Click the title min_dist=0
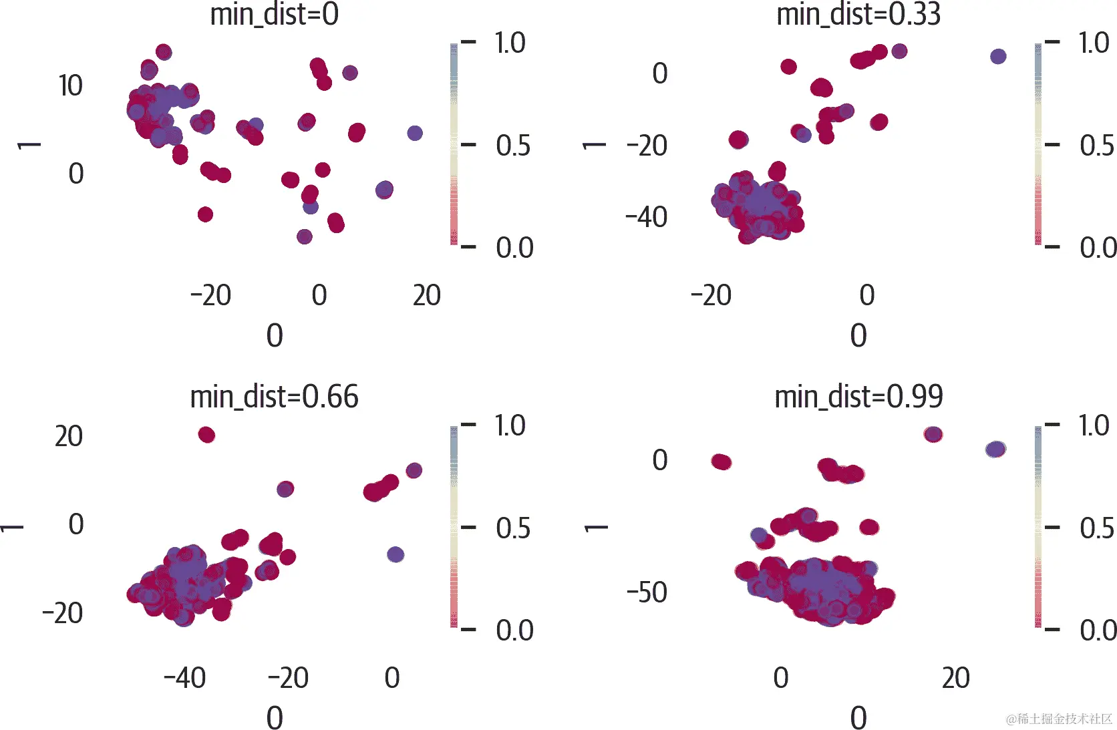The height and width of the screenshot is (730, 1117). (x=274, y=15)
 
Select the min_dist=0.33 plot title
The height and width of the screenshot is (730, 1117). (x=858, y=15)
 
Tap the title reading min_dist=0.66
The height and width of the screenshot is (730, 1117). (x=274, y=397)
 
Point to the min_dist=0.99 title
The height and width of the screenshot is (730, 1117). (x=858, y=397)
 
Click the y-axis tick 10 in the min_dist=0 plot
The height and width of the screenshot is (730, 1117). (x=70, y=86)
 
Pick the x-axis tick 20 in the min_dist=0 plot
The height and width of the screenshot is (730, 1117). (x=426, y=296)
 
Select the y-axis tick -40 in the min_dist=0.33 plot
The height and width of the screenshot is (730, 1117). (x=646, y=218)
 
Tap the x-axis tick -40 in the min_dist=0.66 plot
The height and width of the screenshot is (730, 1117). (x=185, y=679)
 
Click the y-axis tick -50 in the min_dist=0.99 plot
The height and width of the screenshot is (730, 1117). (x=646, y=592)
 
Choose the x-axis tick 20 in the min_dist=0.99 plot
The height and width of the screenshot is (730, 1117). (x=955, y=679)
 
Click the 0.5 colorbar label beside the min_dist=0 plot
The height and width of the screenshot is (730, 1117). (x=513, y=146)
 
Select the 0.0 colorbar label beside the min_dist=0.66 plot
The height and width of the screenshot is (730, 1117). (x=514, y=630)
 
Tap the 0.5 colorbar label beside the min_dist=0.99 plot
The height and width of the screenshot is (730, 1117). (x=1096, y=528)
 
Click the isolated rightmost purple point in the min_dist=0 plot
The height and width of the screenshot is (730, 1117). (x=415, y=133)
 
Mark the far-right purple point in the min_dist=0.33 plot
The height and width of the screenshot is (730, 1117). (x=998, y=56)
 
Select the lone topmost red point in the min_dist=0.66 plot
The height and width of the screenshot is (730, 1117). (x=206, y=435)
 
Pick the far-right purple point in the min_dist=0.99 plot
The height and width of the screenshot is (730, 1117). (x=995, y=449)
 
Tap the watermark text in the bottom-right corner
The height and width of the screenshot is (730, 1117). (x=1059, y=719)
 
